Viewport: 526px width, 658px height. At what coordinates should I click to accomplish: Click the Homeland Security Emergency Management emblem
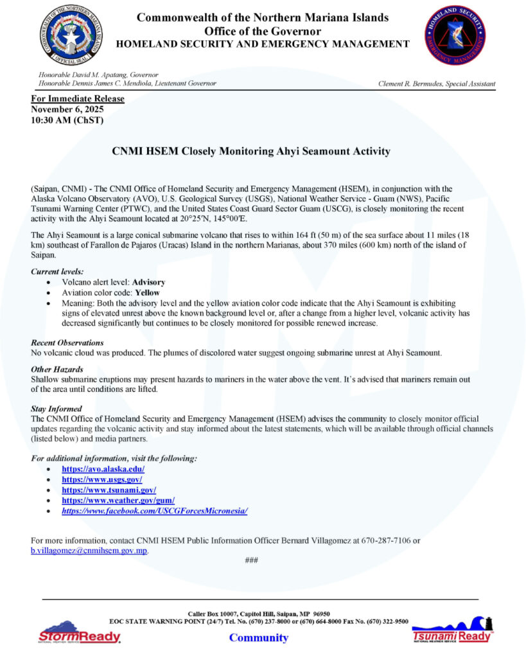[454, 35]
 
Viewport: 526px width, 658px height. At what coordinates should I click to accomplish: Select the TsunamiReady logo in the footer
[451, 630]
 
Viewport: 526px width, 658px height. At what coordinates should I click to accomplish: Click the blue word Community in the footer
[259, 637]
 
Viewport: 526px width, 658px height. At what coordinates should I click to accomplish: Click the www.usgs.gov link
[101, 480]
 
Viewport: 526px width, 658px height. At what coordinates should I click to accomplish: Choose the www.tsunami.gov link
[109, 490]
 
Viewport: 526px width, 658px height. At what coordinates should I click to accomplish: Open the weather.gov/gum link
[118, 501]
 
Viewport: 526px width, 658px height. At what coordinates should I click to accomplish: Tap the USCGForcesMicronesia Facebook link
[154, 511]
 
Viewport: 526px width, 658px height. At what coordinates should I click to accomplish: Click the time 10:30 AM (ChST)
[67, 120]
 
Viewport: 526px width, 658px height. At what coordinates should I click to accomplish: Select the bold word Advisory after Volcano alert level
[148, 282]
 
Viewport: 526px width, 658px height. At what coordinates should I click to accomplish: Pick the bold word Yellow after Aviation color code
[146, 292]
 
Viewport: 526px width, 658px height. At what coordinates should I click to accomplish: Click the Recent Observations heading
[67, 342]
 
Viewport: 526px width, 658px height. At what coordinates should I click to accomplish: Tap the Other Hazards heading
[57, 369]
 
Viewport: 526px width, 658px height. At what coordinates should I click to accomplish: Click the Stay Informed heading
[57, 409]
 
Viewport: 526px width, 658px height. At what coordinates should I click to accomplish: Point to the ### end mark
[252, 560]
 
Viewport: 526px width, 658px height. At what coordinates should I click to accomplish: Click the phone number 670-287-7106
[383, 541]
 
